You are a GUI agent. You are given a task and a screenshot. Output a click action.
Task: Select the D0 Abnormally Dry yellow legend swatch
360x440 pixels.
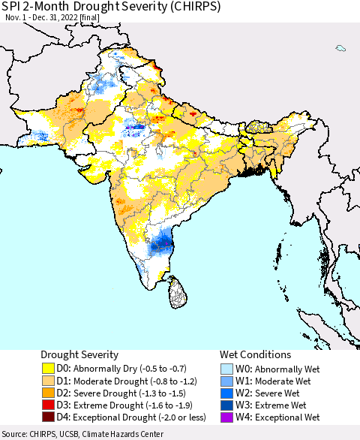(x=48, y=369)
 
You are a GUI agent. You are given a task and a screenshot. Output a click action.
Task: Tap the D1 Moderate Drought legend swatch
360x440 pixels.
(x=48, y=381)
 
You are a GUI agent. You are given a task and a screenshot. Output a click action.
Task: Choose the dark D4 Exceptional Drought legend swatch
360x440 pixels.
(x=48, y=417)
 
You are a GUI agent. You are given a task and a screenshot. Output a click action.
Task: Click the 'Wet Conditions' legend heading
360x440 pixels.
(x=255, y=354)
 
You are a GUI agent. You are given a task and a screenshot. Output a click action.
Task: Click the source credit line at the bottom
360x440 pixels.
(x=82, y=434)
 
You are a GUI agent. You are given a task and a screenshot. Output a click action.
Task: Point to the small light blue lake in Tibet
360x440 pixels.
(x=340, y=49)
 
